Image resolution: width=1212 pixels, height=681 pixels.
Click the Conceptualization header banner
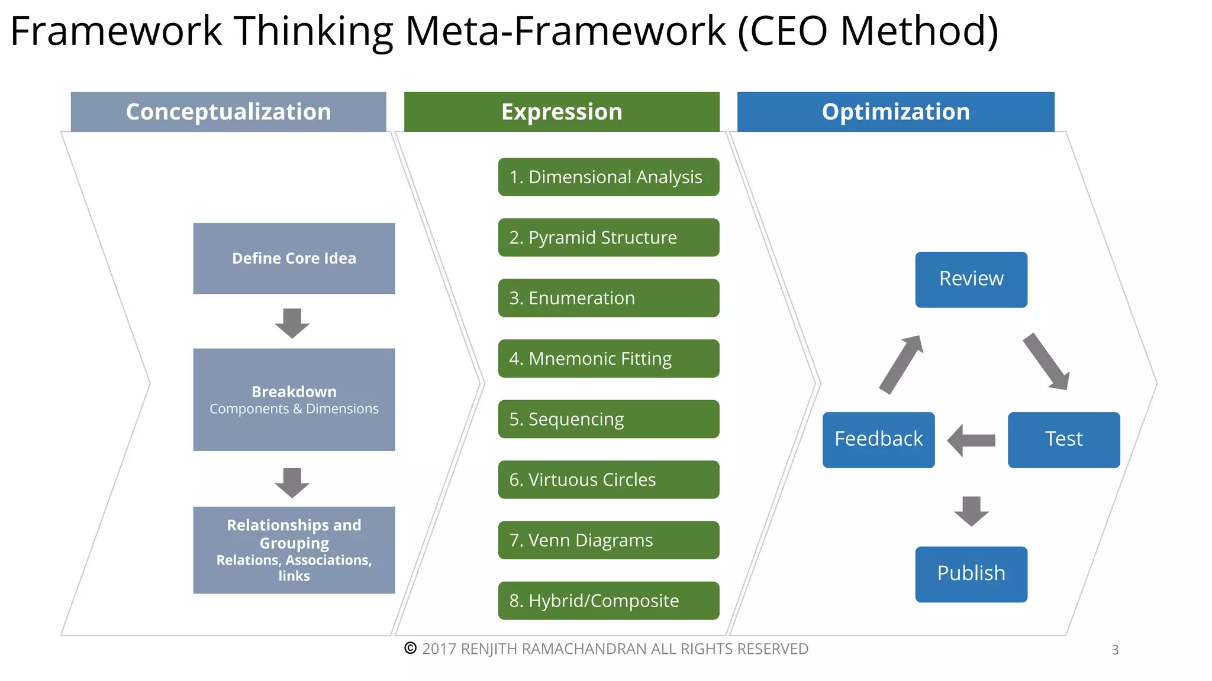[228, 112]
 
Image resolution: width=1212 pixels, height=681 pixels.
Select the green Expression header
[562, 112]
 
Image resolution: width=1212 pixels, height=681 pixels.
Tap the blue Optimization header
[895, 112]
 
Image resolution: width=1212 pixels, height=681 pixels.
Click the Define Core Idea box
[294, 258]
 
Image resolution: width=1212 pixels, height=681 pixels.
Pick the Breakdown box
[294, 400]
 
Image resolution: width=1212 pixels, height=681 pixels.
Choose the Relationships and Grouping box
[294, 550]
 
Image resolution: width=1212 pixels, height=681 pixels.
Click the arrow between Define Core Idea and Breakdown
[292, 323]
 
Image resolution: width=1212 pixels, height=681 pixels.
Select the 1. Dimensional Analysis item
[608, 177]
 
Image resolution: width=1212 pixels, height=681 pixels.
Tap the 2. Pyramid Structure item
[608, 238]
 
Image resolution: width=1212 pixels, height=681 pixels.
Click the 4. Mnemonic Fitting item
[608, 358]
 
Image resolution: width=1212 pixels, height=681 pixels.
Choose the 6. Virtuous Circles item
[608, 479]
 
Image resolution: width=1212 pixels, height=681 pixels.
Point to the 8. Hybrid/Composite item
[608, 601]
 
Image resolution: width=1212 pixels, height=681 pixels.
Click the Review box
[971, 280]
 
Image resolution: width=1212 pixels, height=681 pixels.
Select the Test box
[1063, 440]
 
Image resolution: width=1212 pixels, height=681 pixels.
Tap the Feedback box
[878, 440]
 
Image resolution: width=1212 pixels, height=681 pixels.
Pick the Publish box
[971, 574]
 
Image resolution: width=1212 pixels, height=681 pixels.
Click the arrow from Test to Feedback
[971, 440]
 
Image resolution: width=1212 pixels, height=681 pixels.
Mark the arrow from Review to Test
[1046, 361]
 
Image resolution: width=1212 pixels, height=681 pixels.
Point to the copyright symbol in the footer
[410, 648]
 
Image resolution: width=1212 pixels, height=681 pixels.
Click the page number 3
[1115, 650]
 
